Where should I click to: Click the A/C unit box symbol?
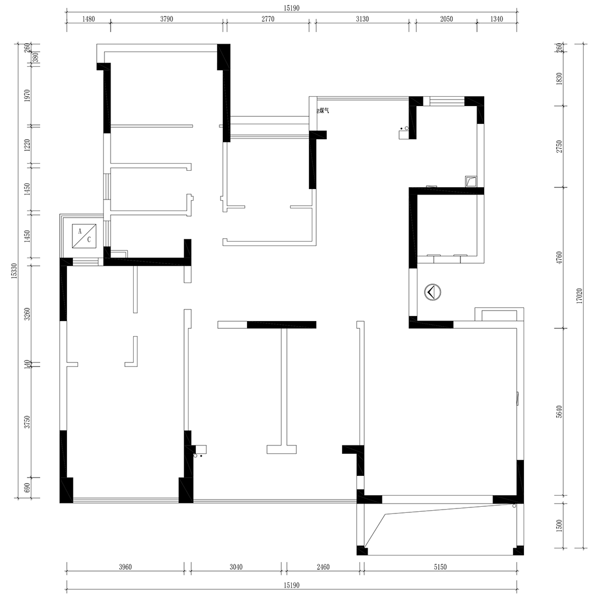click(84, 235)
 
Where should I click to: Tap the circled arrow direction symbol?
click(433, 292)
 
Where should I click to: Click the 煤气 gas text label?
click(323, 111)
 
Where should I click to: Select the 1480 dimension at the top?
click(88, 19)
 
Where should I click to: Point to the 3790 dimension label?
click(167, 19)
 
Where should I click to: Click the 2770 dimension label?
click(268, 19)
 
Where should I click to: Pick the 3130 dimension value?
click(363, 19)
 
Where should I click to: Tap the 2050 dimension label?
click(446, 19)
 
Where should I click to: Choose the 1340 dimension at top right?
click(497, 19)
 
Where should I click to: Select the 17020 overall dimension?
click(579, 296)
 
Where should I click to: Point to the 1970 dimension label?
click(27, 96)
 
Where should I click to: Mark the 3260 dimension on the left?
click(27, 314)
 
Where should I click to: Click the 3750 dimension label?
click(27, 422)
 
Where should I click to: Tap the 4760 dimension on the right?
click(559, 258)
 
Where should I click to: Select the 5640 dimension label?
click(559, 412)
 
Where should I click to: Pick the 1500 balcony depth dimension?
click(559, 526)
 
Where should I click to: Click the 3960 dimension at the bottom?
click(125, 567)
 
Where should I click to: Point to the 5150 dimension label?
click(440, 567)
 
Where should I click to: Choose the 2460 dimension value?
click(323, 567)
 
